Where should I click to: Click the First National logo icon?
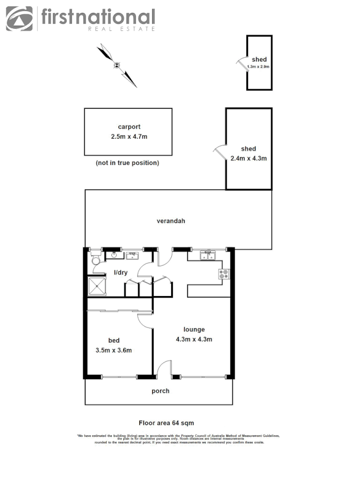click(19, 19)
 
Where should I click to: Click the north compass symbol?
click(117, 65)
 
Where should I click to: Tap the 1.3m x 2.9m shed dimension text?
click(258, 67)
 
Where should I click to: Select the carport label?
click(129, 127)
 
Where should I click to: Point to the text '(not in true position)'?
click(127, 163)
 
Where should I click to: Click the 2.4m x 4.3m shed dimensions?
click(248, 158)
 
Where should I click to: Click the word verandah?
click(171, 220)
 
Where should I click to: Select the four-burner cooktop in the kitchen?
click(223, 275)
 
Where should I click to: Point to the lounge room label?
click(194, 329)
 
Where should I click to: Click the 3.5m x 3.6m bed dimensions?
click(113, 350)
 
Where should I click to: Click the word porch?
click(160, 391)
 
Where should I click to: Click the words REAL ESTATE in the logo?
click(121, 28)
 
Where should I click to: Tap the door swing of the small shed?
click(241, 62)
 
